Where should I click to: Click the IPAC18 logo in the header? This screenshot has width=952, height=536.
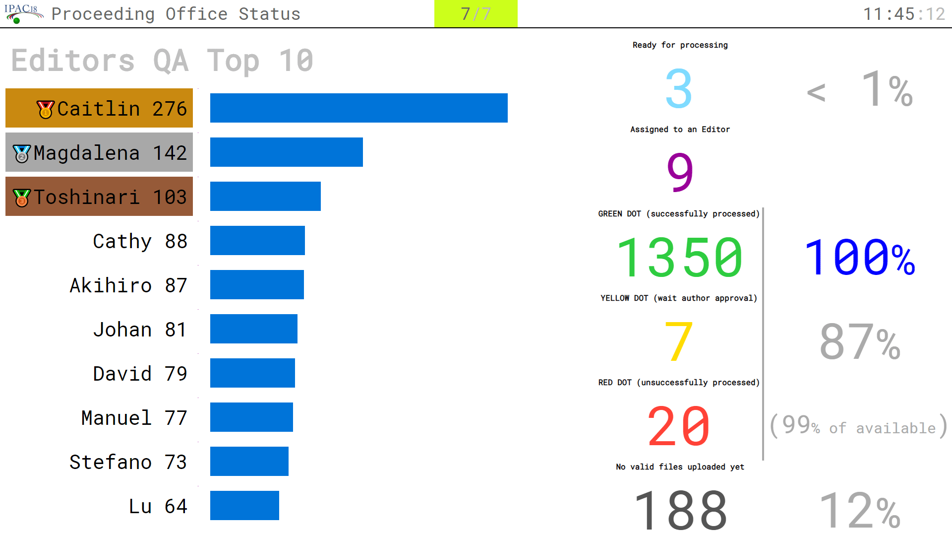click(x=23, y=13)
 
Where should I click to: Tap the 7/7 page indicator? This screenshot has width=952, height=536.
click(x=476, y=14)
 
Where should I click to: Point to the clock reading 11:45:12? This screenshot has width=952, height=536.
click(x=904, y=14)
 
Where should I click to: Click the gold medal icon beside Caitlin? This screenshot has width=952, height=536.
click(x=46, y=109)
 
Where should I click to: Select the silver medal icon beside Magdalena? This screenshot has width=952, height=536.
click(x=22, y=153)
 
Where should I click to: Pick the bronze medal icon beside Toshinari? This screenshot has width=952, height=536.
click(x=22, y=198)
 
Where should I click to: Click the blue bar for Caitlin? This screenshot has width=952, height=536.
click(x=358, y=108)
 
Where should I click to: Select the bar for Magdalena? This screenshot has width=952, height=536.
click(x=286, y=152)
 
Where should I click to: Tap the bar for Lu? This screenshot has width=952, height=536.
click(x=244, y=505)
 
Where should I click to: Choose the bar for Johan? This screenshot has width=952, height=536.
click(x=253, y=329)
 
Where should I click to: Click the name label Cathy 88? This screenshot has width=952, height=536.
click(x=140, y=241)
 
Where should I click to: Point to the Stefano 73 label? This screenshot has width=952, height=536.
click(x=128, y=462)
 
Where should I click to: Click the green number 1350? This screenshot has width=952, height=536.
click(x=679, y=258)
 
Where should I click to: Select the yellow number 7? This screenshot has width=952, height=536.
click(x=678, y=341)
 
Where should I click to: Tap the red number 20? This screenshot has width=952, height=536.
click(x=679, y=426)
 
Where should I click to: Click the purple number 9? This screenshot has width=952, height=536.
click(x=679, y=172)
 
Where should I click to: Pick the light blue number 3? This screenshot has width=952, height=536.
click(x=679, y=89)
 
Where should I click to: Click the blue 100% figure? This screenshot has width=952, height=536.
click(x=859, y=258)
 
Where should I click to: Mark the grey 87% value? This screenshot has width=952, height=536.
click(x=859, y=342)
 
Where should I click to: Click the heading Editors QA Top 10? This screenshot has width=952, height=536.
click(x=162, y=61)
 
